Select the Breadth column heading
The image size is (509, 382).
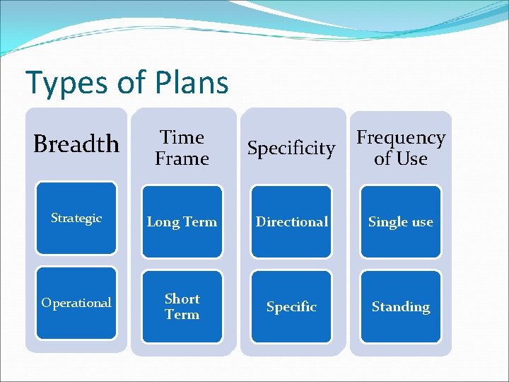[x=76, y=144]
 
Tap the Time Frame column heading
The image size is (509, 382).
[x=182, y=148]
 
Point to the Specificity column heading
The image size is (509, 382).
[x=291, y=148]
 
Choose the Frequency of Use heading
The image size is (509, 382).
[x=401, y=148]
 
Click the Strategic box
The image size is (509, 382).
[x=76, y=219]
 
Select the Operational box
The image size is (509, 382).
[x=76, y=303]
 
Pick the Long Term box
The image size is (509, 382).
[x=182, y=221]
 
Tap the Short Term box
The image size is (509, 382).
[x=182, y=306]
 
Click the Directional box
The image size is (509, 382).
[x=291, y=221]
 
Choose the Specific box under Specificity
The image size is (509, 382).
[x=291, y=306]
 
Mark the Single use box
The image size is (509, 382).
[x=401, y=221]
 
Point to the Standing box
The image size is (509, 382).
[x=401, y=306]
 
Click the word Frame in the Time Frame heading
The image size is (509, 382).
[x=182, y=158]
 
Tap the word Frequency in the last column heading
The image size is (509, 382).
[x=401, y=137]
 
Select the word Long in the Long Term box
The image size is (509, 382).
[x=163, y=222]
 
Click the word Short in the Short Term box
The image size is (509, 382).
[x=182, y=299]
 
